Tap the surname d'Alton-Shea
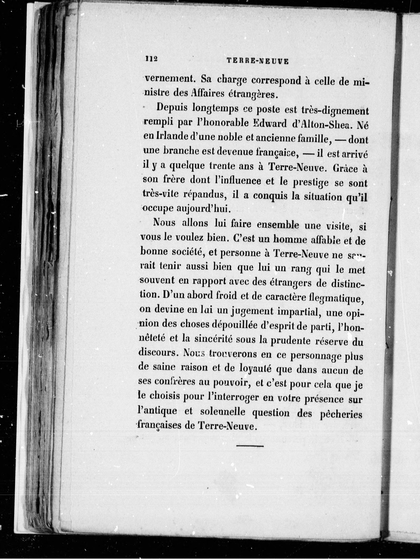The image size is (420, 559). [x=323, y=124]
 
